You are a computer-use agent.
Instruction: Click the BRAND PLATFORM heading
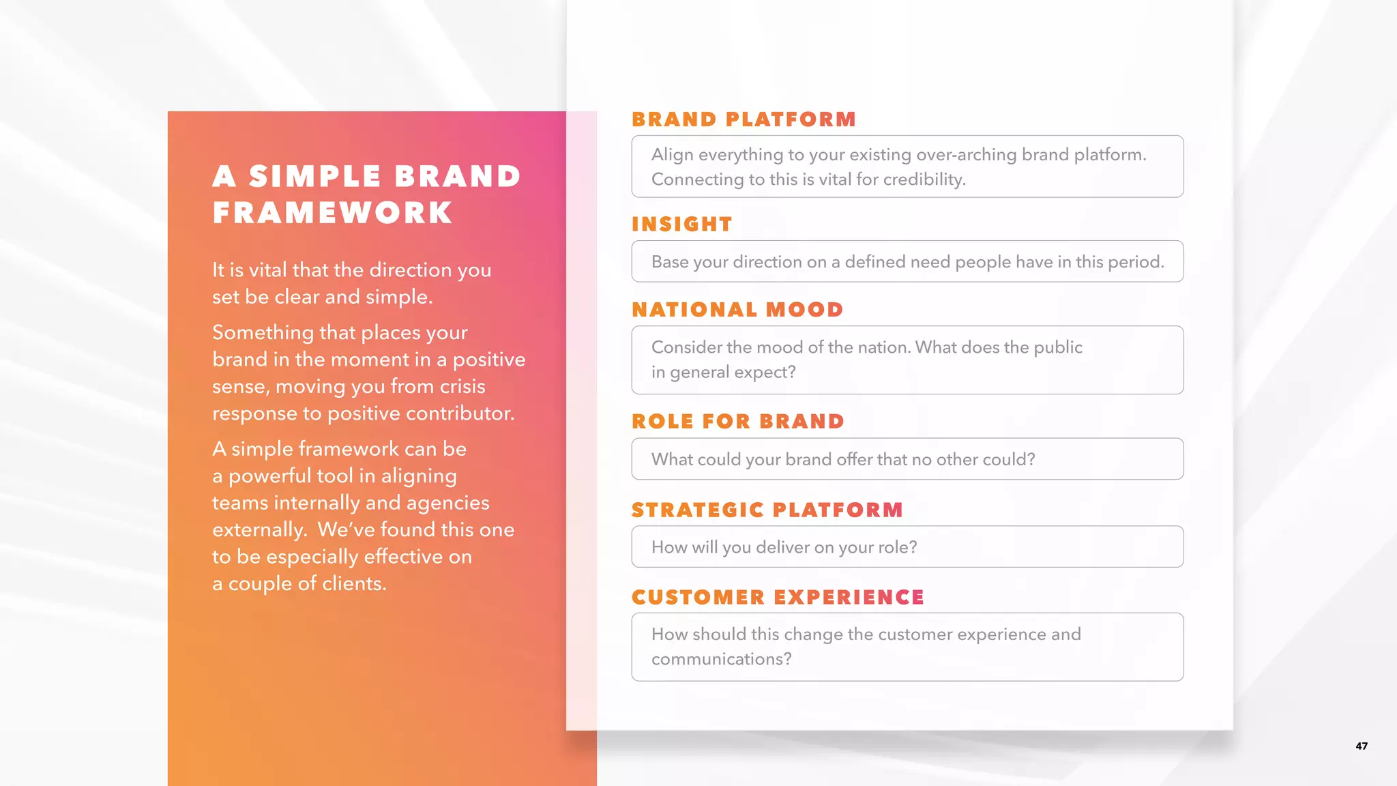pos(744,119)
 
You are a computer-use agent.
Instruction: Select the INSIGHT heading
pos(681,224)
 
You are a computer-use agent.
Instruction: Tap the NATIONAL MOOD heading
pos(737,310)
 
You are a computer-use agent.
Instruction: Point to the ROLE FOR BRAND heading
pos(738,422)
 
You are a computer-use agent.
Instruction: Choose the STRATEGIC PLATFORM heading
pos(767,510)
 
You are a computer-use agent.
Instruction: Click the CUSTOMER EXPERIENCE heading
pos(778,598)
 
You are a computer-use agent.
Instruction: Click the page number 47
pos(1361,746)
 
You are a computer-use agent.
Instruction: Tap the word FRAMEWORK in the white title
pos(332,213)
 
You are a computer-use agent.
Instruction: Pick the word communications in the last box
pos(720,659)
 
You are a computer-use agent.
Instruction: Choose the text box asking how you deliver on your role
pos(907,547)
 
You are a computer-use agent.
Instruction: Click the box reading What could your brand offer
pos(907,459)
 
